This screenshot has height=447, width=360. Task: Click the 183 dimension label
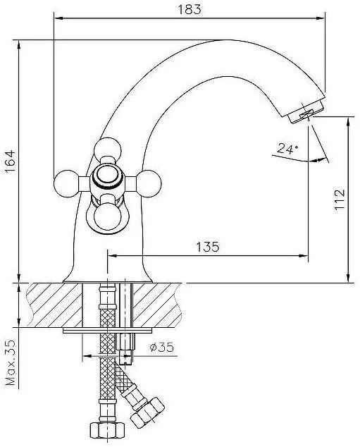point(190,9)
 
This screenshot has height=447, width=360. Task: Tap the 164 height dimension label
point(10,161)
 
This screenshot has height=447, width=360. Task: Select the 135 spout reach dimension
point(208,247)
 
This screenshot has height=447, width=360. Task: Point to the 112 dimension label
point(340,200)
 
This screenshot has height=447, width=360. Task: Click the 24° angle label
point(287,149)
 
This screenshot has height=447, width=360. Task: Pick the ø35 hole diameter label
point(162,347)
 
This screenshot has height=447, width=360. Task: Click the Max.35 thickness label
point(11,362)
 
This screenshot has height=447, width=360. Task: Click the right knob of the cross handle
point(149,183)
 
